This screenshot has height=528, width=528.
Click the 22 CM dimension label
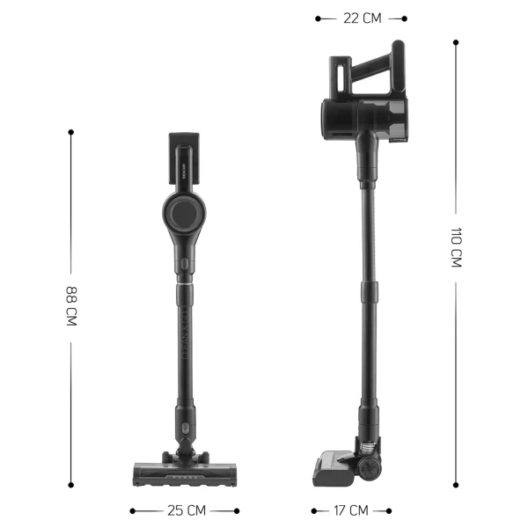[x=361, y=18]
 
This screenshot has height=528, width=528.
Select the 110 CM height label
[x=456, y=248]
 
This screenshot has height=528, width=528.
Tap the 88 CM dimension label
[x=71, y=306]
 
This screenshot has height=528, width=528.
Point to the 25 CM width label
[x=185, y=510]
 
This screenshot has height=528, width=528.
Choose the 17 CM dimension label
[x=352, y=510]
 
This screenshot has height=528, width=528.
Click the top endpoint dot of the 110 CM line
[x=456, y=41]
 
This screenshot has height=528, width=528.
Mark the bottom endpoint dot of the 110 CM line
[x=456, y=484]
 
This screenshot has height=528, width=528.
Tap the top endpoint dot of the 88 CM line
[x=71, y=132]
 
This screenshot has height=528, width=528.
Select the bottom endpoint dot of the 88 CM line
[x=71, y=483]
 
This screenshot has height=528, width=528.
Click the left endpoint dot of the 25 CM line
[x=132, y=510]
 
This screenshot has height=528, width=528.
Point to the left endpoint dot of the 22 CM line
[x=318, y=18]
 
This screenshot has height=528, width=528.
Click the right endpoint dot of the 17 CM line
[x=392, y=510]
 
